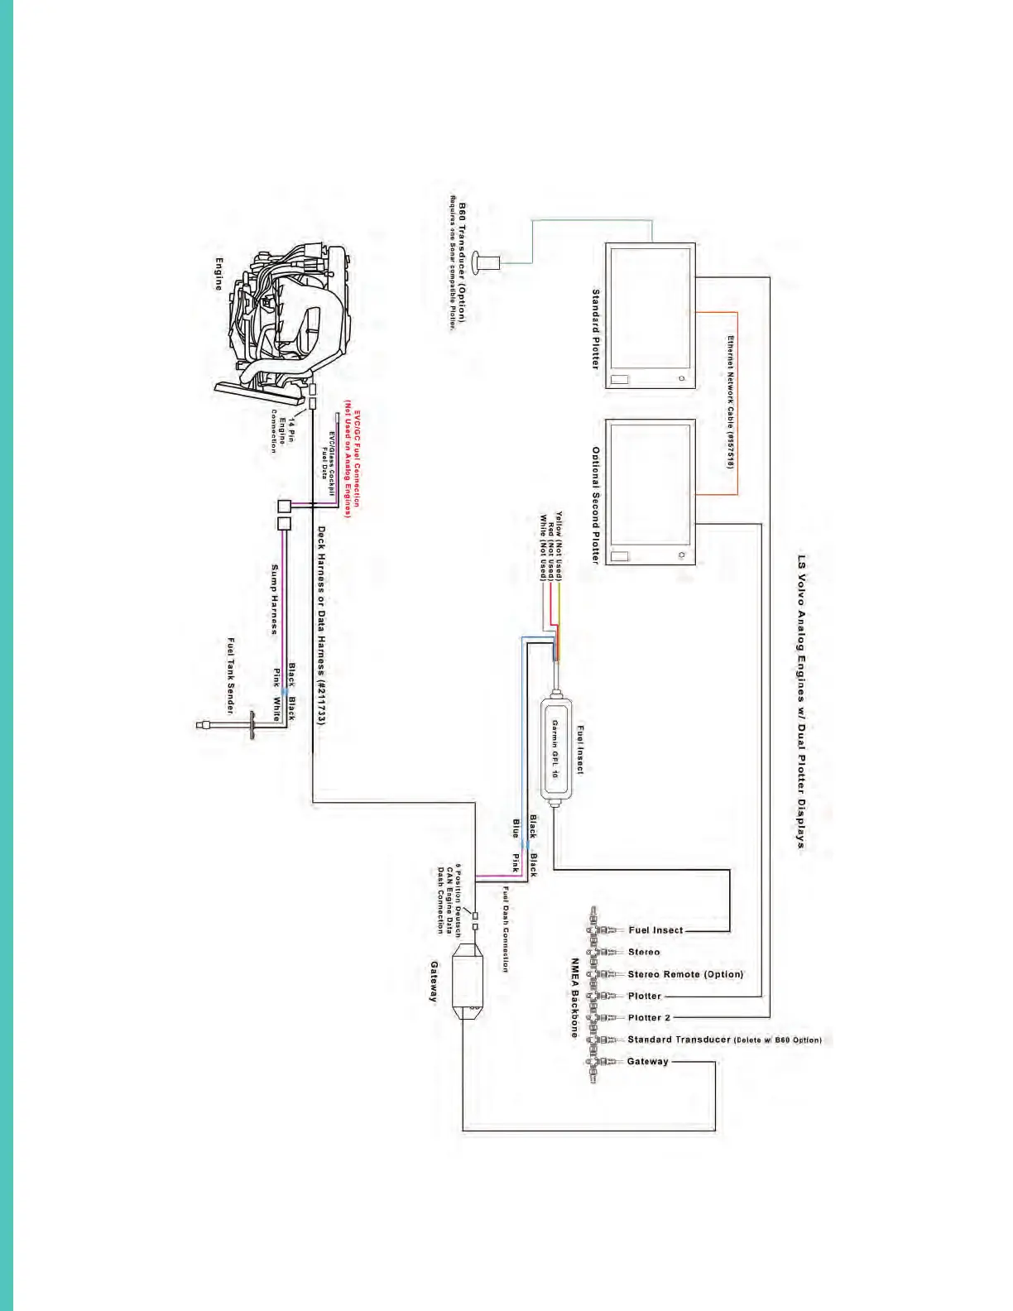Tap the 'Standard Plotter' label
(595, 329)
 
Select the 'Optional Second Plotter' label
(595, 505)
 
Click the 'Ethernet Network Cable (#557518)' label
(731, 402)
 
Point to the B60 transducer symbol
(487, 263)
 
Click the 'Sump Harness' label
(275, 599)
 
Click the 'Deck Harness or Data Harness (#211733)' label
(321, 626)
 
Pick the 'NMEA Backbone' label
(574, 997)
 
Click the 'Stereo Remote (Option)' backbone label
(685, 974)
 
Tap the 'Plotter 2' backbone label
(649, 1017)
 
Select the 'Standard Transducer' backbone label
(679, 1040)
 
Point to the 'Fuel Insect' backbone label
(655, 930)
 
